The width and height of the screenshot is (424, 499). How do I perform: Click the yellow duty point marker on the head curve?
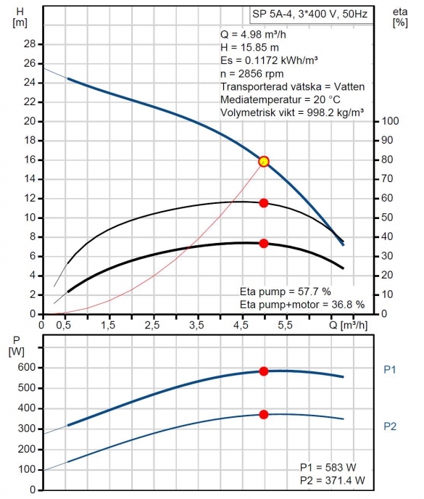point(264,162)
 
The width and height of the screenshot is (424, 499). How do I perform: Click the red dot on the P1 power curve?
point(264,371)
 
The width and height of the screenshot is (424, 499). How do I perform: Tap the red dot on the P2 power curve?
point(264,414)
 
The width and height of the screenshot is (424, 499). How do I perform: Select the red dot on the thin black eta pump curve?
point(264,203)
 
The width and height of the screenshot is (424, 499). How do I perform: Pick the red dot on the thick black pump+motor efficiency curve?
point(264,244)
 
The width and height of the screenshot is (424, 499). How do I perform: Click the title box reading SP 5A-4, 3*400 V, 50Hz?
point(311,15)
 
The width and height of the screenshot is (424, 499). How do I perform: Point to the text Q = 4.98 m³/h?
point(253,34)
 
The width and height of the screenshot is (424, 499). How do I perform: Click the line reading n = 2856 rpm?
point(252,74)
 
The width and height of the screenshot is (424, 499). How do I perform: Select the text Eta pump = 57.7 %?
point(286,292)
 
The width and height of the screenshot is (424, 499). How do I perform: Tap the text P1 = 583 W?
point(328,468)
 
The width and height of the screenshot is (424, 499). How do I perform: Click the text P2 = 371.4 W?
point(333,481)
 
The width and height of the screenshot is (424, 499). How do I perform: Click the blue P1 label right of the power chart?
point(390,370)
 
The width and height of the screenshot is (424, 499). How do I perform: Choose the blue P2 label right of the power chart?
point(390,426)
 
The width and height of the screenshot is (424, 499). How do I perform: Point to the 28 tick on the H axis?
point(30,44)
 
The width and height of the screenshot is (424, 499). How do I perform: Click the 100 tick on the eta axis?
point(390,121)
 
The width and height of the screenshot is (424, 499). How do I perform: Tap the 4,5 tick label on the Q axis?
point(241,325)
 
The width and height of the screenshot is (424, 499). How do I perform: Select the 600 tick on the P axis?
point(27,367)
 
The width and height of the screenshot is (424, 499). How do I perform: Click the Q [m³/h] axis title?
point(349,325)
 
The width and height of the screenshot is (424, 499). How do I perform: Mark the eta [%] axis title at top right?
point(400,17)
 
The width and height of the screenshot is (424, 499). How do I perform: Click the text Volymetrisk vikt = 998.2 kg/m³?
point(292,113)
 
